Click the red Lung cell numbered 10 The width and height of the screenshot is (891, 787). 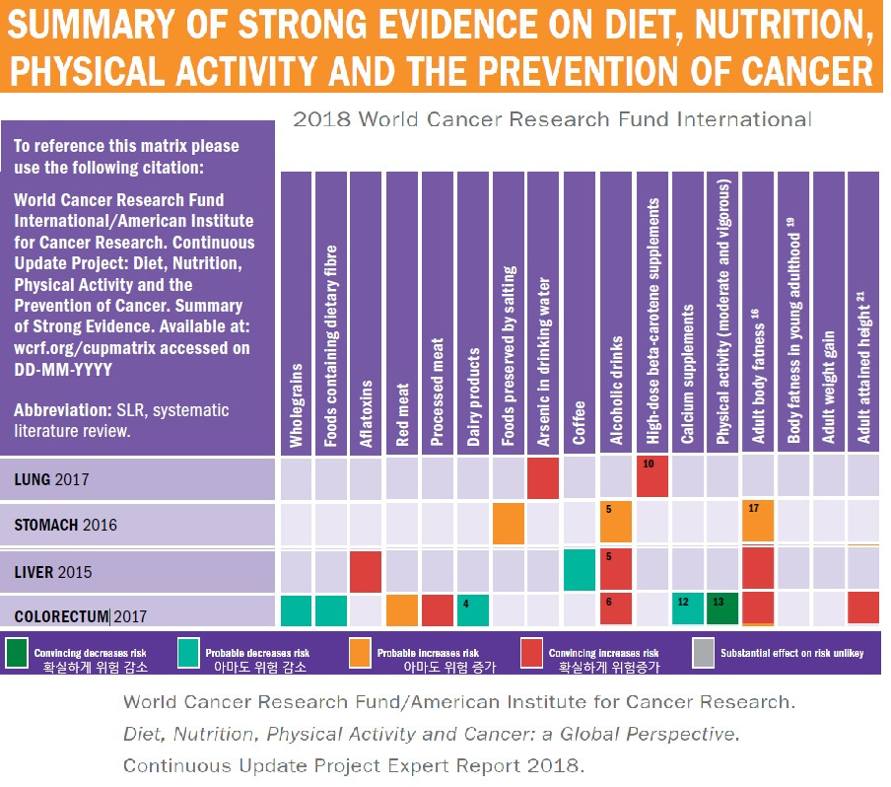pyautogui.click(x=652, y=476)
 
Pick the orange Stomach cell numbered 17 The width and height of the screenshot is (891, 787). pyautogui.click(x=757, y=523)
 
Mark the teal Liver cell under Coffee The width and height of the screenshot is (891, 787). pyautogui.click(x=580, y=570)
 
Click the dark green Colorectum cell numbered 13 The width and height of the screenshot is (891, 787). pyautogui.click(x=722, y=609)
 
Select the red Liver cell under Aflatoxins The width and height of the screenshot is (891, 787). pyautogui.click(x=366, y=570)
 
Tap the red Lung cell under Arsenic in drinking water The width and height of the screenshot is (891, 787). pyautogui.click(x=543, y=478)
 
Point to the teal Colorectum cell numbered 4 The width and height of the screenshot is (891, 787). pyautogui.click(x=472, y=609)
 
